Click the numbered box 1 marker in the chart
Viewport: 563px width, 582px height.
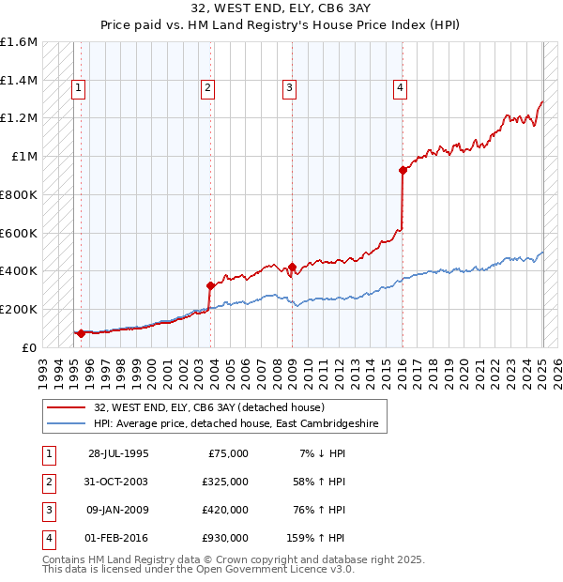(x=77, y=89)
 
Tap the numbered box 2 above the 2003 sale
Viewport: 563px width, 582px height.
(x=207, y=89)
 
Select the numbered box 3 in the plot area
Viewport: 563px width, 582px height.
(x=289, y=89)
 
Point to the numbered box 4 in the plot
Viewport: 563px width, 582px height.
(x=400, y=89)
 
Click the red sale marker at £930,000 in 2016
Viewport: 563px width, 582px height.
(x=403, y=170)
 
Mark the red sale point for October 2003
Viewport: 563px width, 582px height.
(x=210, y=285)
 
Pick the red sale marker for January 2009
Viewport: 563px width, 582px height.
(x=292, y=268)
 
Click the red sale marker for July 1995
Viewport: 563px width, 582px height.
(x=81, y=333)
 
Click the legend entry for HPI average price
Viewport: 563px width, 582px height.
(x=236, y=424)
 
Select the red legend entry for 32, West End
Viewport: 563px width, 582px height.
(x=208, y=407)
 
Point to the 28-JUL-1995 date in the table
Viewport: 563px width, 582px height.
(x=118, y=453)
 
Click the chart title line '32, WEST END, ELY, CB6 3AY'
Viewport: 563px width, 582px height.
(x=281, y=9)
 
